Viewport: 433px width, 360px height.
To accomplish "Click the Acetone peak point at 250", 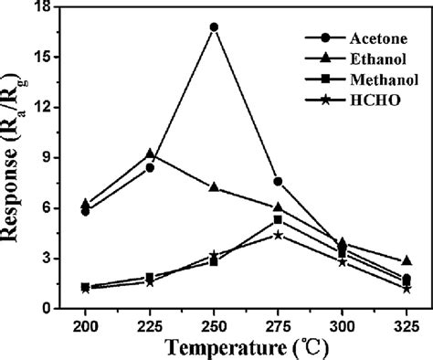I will pos(214,27).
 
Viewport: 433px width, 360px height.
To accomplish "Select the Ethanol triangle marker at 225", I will pos(150,154).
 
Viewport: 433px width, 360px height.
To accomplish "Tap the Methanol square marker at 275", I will pos(278,219).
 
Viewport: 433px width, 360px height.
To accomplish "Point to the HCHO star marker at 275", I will pos(278,235).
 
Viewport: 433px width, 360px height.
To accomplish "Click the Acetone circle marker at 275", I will pos(278,181).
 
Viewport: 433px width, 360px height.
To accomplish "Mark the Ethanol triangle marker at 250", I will pos(214,187).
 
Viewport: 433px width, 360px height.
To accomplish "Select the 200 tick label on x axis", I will pos(85,325).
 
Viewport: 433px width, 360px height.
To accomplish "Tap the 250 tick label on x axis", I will pos(214,325).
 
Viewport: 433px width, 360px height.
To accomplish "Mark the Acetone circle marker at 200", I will pos(85,211).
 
